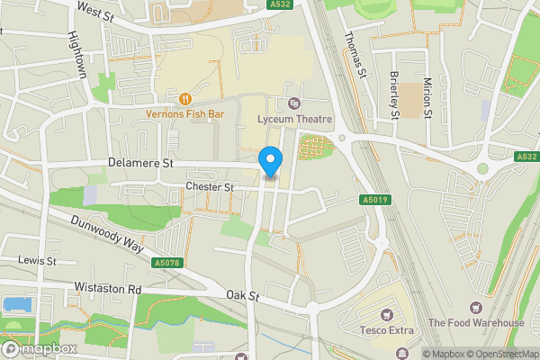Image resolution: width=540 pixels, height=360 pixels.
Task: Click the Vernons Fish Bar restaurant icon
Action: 185,98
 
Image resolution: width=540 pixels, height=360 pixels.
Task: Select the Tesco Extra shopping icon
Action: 387,314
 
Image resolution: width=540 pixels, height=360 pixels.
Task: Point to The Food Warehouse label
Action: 475,323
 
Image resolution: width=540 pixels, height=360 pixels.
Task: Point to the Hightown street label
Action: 77,56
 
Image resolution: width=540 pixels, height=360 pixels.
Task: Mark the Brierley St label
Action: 394,94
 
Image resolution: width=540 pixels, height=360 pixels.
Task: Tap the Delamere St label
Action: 139,164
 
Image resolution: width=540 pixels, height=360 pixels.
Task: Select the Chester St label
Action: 209,187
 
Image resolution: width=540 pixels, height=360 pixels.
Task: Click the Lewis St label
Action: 38,260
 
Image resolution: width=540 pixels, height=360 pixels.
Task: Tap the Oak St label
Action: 242,295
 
